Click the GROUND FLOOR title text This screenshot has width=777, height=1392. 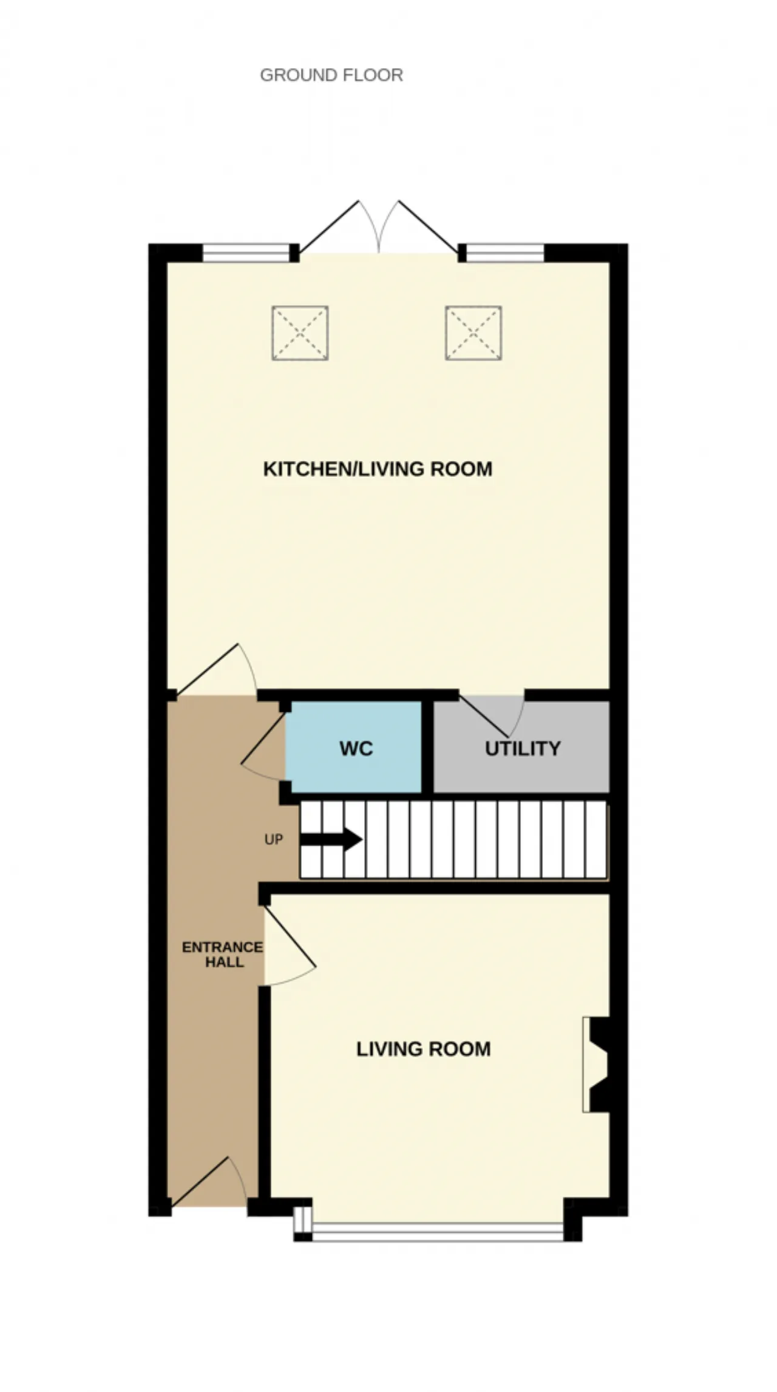coord(331,75)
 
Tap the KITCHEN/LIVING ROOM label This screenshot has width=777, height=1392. coord(378,469)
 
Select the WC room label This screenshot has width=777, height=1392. coord(356,748)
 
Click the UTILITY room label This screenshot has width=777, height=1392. coord(523,748)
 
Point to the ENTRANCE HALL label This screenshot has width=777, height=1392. coord(223,954)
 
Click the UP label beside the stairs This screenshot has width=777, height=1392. coord(274,840)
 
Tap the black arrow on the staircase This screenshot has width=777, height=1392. coord(331,839)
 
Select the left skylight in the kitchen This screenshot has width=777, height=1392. coord(300,333)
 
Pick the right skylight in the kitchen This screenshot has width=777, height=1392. coord(473,333)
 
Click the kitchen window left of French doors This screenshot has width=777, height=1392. coord(246,253)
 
